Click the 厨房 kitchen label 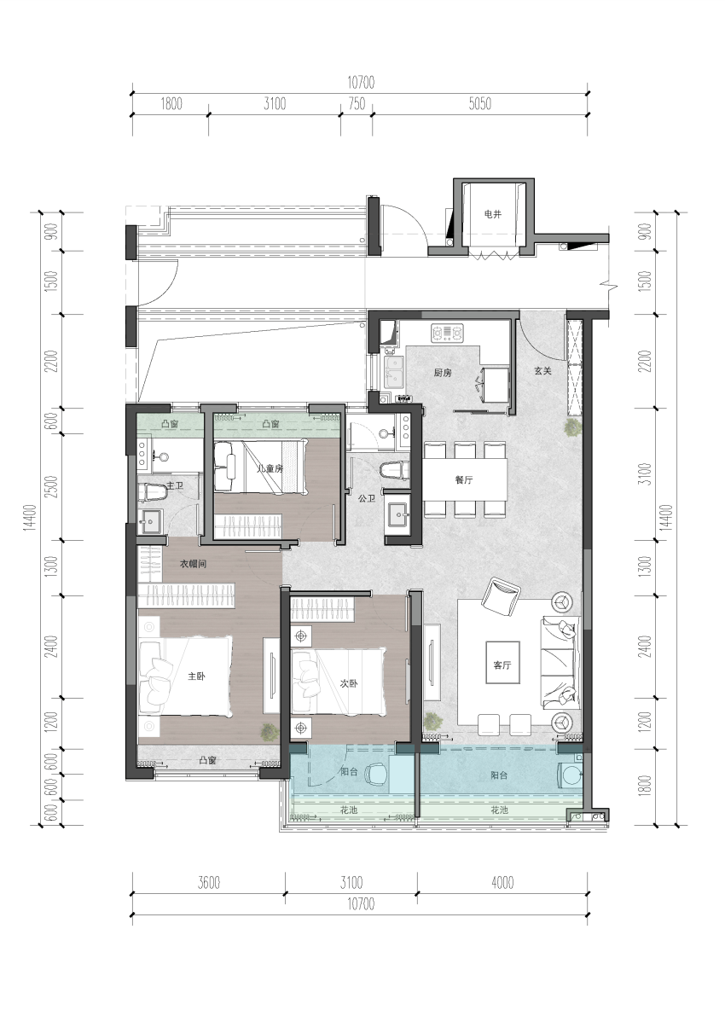[x=443, y=374]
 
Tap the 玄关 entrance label [x=543, y=371]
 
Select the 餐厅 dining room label [x=464, y=480]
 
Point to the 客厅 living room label [x=502, y=665]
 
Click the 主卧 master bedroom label [x=196, y=676]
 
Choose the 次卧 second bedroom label [x=349, y=683]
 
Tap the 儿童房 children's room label [x=270, y=468]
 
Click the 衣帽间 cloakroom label [x=193, y=565]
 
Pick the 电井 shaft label [x=492, y=214]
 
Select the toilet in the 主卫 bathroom [x=153, y=493]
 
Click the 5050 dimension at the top [x=480, y=104]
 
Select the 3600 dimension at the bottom [x=209, y=883]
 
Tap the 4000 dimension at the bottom [x=502, y=883]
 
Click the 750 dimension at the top [x=357, y=104]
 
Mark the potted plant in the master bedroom [x=267, y=731]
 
